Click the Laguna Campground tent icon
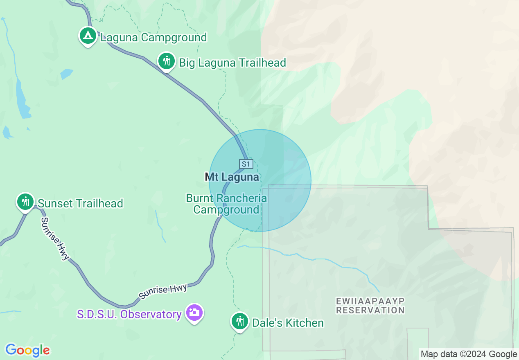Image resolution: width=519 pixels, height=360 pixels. tap(87, 36)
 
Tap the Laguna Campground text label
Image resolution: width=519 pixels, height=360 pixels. tap(153, 38)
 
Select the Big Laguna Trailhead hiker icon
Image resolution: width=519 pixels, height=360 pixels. tap(166, 61)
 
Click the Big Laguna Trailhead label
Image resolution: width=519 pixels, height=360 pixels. tap(232, 63)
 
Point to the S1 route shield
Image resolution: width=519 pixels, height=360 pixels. tap(246, 164)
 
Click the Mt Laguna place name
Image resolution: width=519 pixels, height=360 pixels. tap(232, 177)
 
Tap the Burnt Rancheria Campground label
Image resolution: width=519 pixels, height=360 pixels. tap(226, 204)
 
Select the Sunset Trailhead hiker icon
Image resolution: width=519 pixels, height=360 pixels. tap(25, 202)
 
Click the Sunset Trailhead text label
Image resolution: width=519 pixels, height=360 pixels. tap(80, 203)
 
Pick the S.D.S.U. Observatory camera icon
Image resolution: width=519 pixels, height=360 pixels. tap(194, 313)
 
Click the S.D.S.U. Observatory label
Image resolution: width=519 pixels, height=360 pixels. tap(129, 315)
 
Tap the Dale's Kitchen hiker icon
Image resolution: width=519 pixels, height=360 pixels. tap(239, 322)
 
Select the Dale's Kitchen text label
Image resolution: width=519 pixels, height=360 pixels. tap(288, 323)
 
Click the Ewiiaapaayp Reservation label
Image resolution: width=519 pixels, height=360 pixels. tap(370, 306)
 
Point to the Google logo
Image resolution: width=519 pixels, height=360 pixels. tap(27, 350)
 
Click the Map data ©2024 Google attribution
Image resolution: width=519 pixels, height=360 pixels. tap(469, 354)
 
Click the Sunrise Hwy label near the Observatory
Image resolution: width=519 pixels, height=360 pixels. tap(163, 291)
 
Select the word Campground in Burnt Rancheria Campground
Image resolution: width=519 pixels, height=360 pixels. tap(226, 210)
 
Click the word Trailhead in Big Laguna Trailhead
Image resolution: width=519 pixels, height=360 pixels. tap(262, 63)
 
